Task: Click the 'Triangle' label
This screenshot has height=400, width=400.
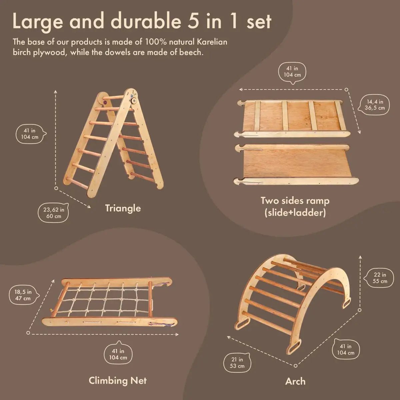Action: point(123,208)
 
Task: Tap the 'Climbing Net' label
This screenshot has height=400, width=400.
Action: point(118,380)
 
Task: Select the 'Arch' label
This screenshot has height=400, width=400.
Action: point(295,381)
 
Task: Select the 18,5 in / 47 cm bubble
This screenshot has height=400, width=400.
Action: point(23,295)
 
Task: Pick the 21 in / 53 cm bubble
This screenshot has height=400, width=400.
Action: point(237,363)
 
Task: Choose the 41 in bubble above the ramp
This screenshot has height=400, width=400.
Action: point(292,71)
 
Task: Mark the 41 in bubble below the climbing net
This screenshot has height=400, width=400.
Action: point(118,354)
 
